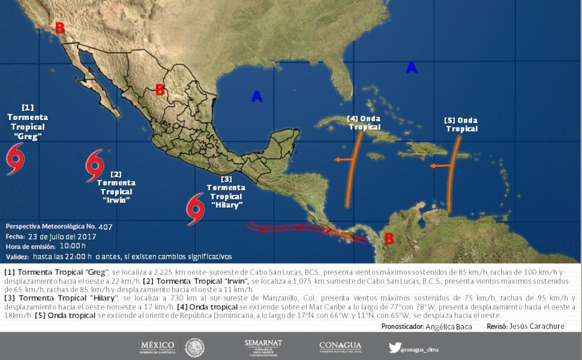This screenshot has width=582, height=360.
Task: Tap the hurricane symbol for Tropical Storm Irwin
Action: coord(94,165)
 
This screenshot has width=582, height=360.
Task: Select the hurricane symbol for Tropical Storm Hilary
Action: coord(195,209)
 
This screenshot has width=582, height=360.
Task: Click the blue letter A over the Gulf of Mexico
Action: coord(257,97)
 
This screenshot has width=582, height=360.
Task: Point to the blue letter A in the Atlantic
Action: coord(411,68)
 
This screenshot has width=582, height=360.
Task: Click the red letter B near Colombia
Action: coord(389,238)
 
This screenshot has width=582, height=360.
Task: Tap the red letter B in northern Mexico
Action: coord(159,90)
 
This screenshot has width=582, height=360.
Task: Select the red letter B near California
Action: coord(60,28)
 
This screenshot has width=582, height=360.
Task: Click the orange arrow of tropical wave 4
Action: coord(344,159)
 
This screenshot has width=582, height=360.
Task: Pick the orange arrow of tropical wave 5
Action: coord(440,166)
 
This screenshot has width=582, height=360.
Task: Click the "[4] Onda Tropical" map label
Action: coord(365,123)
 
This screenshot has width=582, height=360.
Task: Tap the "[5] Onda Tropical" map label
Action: coord(462,124)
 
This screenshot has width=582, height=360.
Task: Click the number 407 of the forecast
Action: coord(105,227)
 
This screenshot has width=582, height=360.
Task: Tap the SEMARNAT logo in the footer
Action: coord(263,347)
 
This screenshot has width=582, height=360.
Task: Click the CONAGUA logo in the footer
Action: coord(340,347)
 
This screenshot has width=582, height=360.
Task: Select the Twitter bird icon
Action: coord(394,347)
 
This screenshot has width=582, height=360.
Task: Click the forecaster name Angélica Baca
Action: coord(449,326)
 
